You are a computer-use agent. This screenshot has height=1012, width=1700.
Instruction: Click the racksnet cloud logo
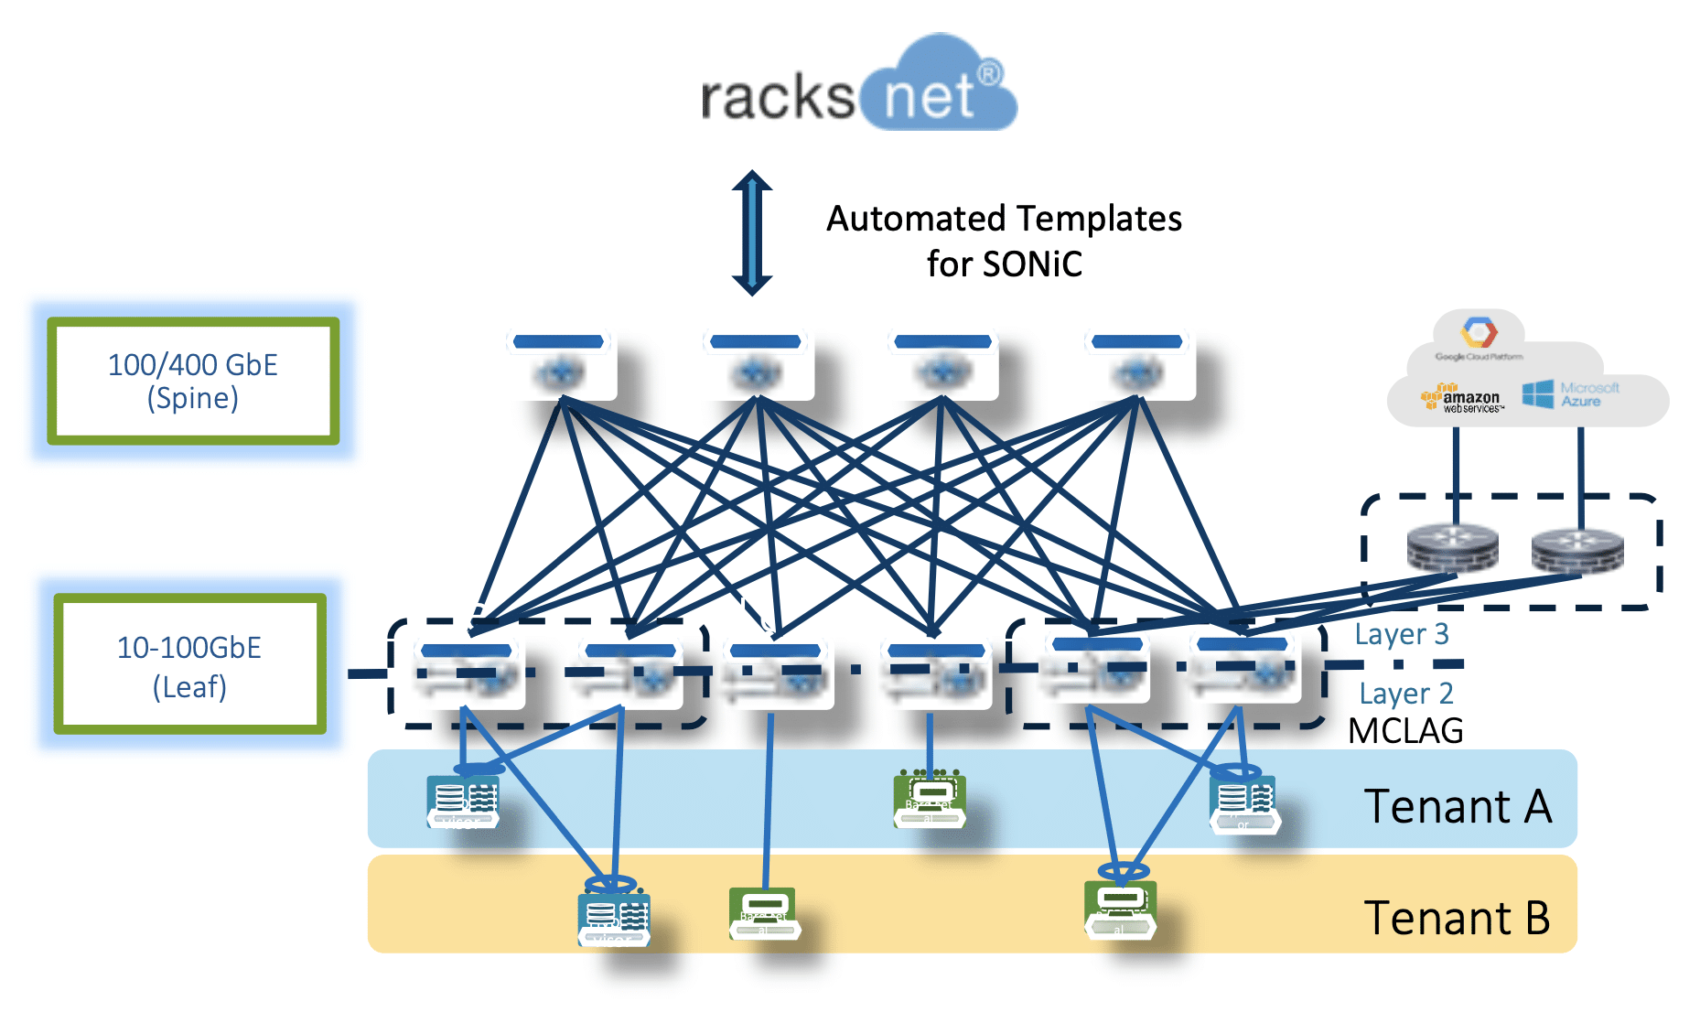pos(858,87)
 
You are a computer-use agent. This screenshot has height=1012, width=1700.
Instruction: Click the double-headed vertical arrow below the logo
pos(752,232)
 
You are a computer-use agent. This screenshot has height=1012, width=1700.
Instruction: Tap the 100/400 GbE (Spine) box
pos(193,381)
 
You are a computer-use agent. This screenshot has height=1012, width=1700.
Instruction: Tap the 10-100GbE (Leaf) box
pos(189,665)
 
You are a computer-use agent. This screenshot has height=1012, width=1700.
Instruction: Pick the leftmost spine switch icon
pos(561,364)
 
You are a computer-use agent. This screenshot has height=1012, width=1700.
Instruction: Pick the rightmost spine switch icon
pos(1138,364)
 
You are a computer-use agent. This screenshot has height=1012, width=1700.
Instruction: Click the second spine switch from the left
pos(757,364)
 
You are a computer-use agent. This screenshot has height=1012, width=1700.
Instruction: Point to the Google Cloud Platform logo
pos(1479,338)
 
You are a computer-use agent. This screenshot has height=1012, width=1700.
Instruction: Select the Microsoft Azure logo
pos(1570,394)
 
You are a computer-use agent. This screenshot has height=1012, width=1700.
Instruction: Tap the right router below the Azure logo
pos(1577,549)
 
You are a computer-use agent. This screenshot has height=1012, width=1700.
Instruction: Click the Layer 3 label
pos(1401,634)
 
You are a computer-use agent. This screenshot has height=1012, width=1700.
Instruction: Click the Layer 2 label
pos(1405,694)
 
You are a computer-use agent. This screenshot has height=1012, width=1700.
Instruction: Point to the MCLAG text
pos(1405,731)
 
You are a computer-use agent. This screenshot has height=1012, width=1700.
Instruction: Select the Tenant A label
pos(1458,806)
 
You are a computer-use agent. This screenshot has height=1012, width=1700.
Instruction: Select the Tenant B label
pos(1457,918)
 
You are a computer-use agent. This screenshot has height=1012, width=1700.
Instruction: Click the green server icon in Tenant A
pos(930,799)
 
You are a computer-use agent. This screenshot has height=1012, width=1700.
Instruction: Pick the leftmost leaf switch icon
pos(468,673)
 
